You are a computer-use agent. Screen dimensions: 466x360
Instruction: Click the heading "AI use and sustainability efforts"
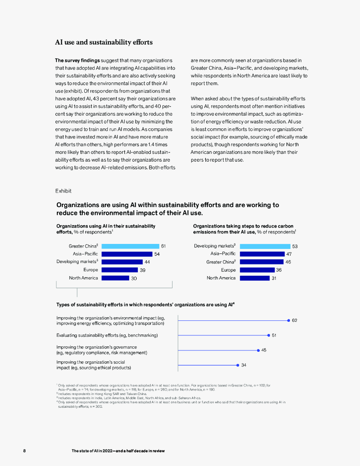[104, 42]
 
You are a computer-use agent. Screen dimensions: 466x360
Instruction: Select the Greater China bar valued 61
[130, 246]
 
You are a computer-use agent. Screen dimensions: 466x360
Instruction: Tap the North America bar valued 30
[115, 278]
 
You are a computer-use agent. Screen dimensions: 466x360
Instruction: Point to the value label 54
[157, 254]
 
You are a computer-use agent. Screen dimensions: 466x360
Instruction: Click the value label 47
[289, 254]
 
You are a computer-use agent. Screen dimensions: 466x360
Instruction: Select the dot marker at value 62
[289, 320]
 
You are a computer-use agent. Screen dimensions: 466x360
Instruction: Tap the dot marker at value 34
[238, 365]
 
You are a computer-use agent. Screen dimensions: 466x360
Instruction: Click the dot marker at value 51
[269, 335]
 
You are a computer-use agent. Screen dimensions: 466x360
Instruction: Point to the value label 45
[264, 350]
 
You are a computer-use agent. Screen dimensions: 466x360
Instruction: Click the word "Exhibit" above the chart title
[63, 191]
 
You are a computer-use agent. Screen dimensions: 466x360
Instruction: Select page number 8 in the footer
[25, 451]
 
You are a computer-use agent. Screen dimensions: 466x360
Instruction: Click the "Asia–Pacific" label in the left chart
[85, 254]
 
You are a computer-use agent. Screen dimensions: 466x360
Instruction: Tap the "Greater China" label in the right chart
[221, 262]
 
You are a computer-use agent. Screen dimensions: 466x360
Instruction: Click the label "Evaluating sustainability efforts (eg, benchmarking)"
[107, 335]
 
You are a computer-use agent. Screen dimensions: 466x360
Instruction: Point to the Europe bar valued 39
[119, 270]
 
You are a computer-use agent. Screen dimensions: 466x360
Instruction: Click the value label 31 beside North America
[274, 278]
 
